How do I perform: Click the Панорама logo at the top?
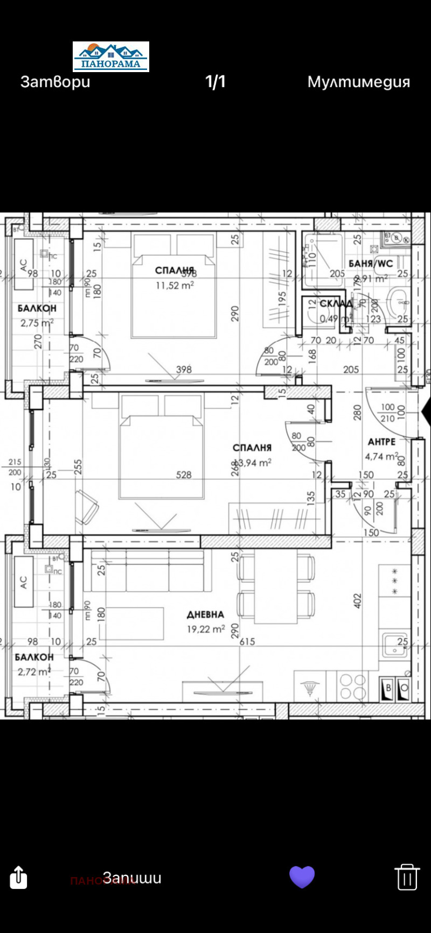(x=111, y=57)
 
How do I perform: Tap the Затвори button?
(x=55, y=82)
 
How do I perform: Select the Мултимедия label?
(x=358, y=82)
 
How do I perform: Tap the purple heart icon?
(x=302, y=877)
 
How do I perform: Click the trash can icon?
(x=407, y=877)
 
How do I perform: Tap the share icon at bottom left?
(x=18, y=877)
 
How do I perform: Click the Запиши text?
(x=133, y=878)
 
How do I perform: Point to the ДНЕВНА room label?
(x=205, y=614)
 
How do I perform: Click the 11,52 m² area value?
(x=175, y=286)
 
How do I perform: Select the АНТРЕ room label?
(x=381, y=442)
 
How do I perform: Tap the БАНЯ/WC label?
(x=371, y=264)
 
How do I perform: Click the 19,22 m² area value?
(x=206, y=629)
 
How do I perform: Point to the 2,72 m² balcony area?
(x=34, y=672)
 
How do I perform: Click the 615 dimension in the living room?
(x=247, y=641)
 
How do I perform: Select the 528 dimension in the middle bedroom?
(x=184, y=475)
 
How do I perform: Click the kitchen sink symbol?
(x=395, y=645)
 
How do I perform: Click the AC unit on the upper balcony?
(x=23, y=265)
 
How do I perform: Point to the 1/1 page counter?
(x=215, y=82)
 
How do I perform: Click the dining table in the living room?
(x=276, y=586)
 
